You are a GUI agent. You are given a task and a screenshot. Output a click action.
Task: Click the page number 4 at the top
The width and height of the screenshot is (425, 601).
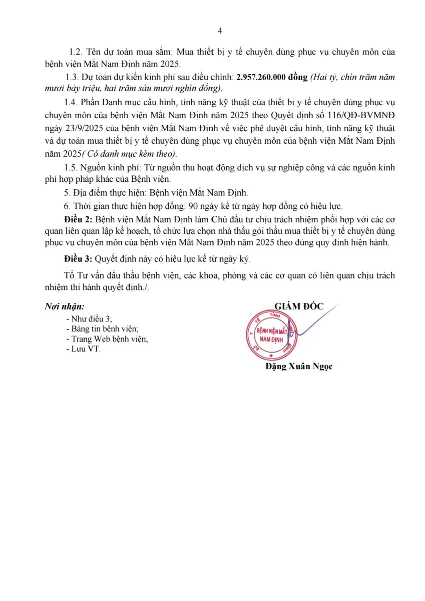click(x=220, y=31)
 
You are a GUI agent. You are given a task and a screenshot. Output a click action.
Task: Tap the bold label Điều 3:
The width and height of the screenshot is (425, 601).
click(x=78, y=259)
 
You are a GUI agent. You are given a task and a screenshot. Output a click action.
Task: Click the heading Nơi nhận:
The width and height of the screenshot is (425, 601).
click(x=65, y=306)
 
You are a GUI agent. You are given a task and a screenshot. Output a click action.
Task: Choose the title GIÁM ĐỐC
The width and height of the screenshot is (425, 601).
click(x=299, y=306)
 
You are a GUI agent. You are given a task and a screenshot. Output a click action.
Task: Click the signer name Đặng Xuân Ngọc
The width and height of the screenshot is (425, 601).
click(x=299, y=367)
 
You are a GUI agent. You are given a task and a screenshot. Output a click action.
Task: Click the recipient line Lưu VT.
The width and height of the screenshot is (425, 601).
click(x=85, y=349)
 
